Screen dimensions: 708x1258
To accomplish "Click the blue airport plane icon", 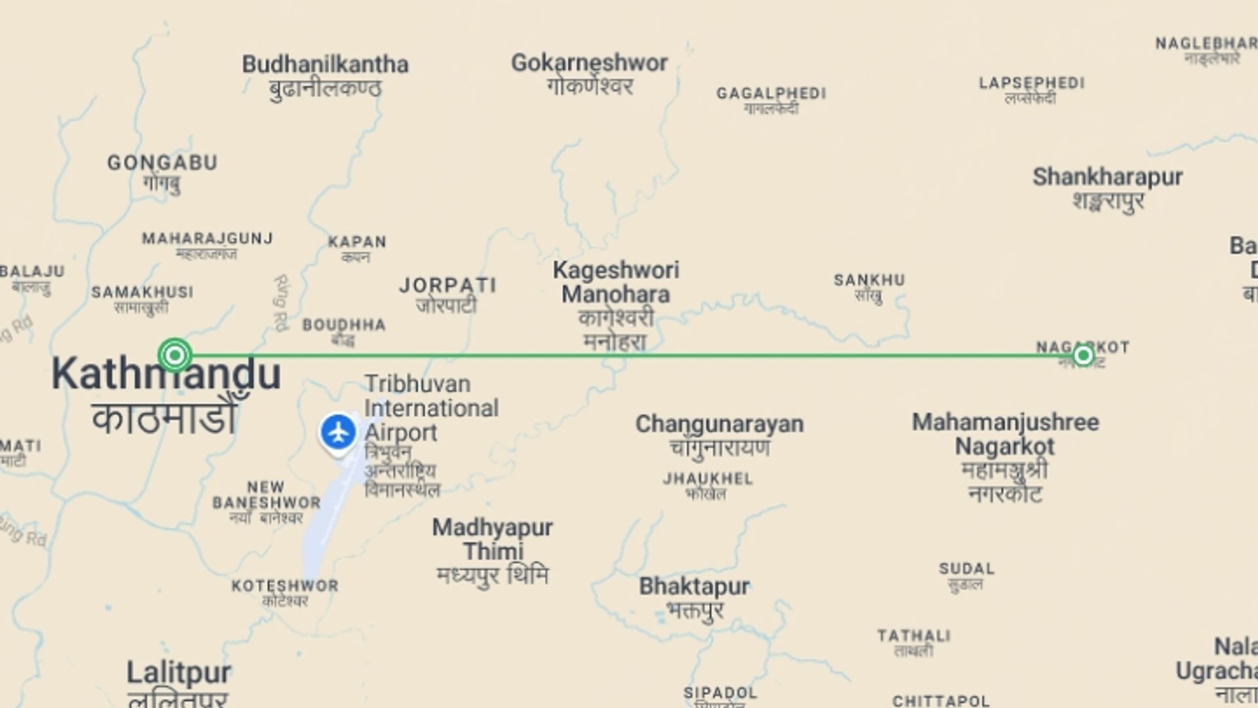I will [x=338, y=433].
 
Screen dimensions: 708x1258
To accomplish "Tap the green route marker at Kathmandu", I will [x=175, y=355].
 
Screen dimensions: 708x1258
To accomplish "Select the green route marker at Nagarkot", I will [x=1083, y=355].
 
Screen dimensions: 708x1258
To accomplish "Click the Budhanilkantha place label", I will [x=325, y=65].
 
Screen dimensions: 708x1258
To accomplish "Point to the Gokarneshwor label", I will [x=589, y=63].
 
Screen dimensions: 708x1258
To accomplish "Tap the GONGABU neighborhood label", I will [x=162, y=163].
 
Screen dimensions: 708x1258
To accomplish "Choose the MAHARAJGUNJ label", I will [x=207, y=239].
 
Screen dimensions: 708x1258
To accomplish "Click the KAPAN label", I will [x=357, y=242].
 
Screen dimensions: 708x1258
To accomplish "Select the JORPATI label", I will [x=448, y=286].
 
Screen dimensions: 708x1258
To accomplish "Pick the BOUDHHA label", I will [x=344, y=325].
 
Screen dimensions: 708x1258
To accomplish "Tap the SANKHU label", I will [x=869, y=281].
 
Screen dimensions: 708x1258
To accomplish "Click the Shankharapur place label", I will [x=1107, y=177].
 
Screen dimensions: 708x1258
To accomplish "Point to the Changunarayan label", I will [x=719, y=424].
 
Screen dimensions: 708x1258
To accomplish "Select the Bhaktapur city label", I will [x=694, y=586].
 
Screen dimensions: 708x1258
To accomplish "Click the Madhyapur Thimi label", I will [x=493, y=539].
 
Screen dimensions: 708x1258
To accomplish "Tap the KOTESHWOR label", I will [x=285, y=586].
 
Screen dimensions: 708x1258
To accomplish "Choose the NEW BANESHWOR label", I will [x=267, y=495].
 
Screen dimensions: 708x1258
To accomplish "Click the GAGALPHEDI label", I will [x=771, y=94].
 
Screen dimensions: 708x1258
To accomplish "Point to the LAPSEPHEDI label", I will [x=1031, y=84].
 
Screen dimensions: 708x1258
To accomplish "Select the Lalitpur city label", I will [x=179, y=673].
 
